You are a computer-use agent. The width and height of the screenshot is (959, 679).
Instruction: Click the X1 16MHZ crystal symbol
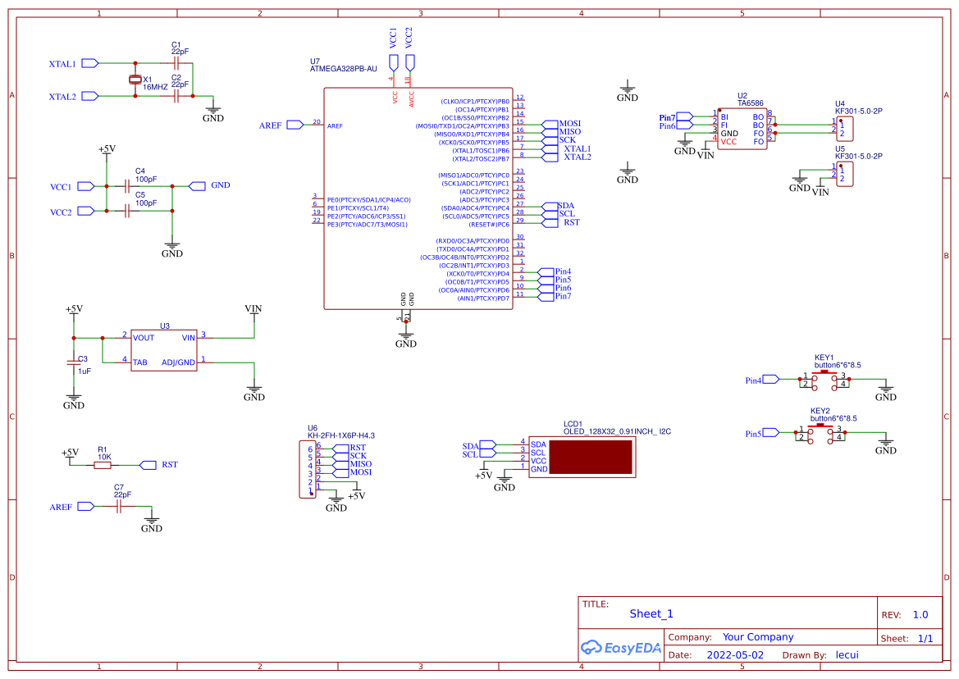pyautogui.click(x=136, y=80)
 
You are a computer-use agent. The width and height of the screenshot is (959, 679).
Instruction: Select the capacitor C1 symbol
pyautogui.click(x=176, y=62)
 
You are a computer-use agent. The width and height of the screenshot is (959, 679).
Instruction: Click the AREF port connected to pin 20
pyautogui.click(x=294, y=125)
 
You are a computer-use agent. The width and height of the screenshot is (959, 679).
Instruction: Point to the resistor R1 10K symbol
pyautogui.click(x=103, y=465)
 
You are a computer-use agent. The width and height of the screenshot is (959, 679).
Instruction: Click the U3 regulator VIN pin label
pyautogui.click(x=189, y=337)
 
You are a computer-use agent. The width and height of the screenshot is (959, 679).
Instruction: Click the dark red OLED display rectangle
pyautogui.click(x=591, y=457)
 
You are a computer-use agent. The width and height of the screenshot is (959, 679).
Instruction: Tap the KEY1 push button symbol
pyautogui.click(x=824, y=380)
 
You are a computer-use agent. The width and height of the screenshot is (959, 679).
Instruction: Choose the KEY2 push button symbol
pyautogui.click(x=820, y=433)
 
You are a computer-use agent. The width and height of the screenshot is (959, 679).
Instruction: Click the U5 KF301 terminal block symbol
pyautogui.click(x=845, y=173)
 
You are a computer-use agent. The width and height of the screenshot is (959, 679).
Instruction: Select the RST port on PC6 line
pyautogui.click(x=549, y=222)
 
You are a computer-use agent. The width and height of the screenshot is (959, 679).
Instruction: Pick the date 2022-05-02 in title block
pyautogui.click(x=734, y=655)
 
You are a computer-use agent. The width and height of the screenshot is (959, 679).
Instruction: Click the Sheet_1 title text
pyautogui.click(x=651, y=613)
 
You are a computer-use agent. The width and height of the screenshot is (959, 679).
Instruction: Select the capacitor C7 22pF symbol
pyautogui.click(x=119, y=508)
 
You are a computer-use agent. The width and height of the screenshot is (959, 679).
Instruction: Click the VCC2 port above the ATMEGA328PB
pyautogui.click(x=411, y=62)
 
